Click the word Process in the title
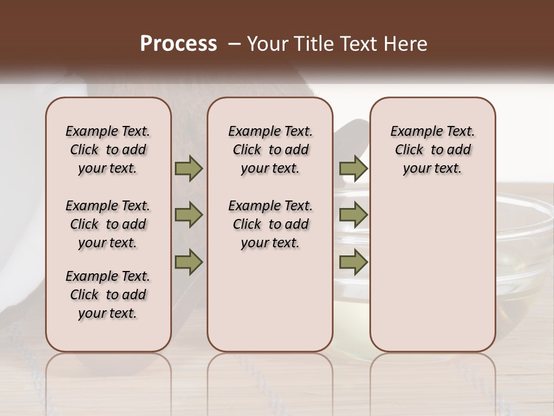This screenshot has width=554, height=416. point(178,44)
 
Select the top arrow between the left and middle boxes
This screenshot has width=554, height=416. point(189,169)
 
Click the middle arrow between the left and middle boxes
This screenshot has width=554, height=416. point(189,216)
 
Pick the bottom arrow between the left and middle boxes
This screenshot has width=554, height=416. point(189,262)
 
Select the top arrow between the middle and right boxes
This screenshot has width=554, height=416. point(353,169)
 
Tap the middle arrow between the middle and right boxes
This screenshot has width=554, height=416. point(353,216)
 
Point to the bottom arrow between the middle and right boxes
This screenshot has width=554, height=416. point(353,262)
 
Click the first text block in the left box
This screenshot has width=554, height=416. point(108,150)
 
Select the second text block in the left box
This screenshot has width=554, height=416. point(108,224)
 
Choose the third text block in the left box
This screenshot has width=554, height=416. point(108,295)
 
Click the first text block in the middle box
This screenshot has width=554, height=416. point(270,150)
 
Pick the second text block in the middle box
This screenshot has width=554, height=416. point(270,224)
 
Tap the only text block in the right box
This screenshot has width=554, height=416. point(432,150)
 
